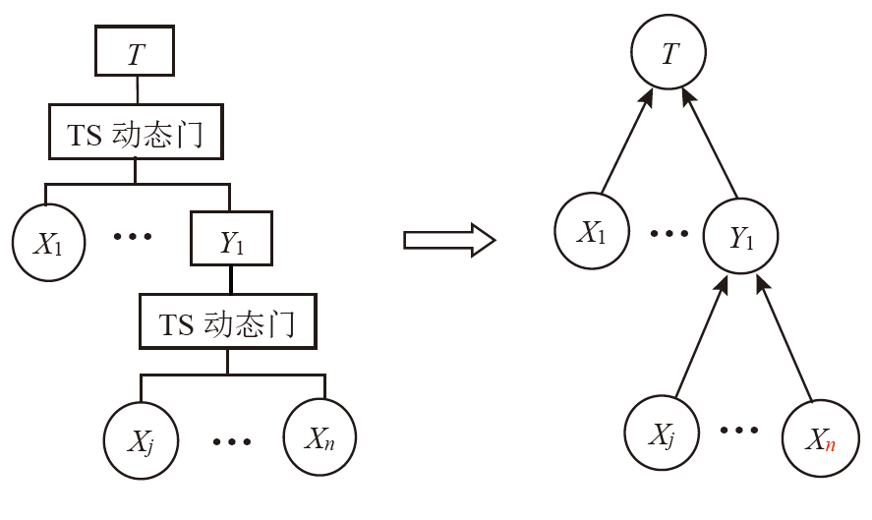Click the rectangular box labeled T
135,51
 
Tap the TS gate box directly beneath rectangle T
135,133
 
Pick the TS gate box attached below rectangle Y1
227,320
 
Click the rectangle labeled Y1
230,240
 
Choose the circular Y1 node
741,235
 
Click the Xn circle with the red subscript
820,437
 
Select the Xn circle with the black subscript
320,436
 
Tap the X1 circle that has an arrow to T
591,230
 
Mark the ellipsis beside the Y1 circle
669,234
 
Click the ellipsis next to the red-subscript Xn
739,431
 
